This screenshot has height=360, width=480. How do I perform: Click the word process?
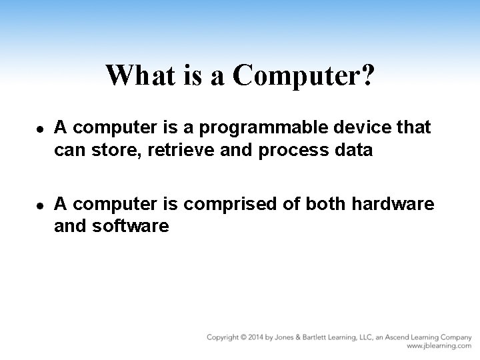(292, 151)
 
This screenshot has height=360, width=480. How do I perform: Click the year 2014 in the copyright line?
(257, 337)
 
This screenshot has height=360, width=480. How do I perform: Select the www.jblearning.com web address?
(439, 347)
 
